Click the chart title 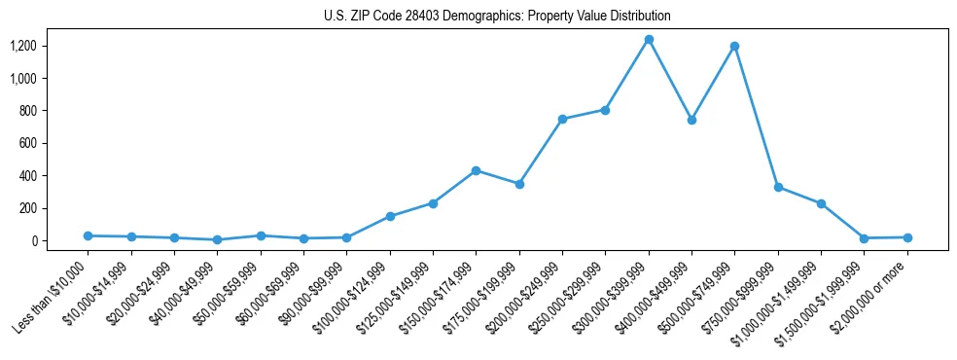click(497, 17)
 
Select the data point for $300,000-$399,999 click(649, 40)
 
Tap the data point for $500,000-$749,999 click(734, 46)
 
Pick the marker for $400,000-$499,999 click(691, 120)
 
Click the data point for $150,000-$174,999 click(476, 170)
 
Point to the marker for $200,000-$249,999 click(562, 119)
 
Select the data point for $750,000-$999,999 click(778, 187)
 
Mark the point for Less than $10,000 click(88, 235)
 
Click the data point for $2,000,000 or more click(907, 237)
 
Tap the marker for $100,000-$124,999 click(390, 216)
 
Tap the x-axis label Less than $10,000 click(52, 293)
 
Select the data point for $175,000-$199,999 click(519, 184)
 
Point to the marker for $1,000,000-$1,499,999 click(821, 203)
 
